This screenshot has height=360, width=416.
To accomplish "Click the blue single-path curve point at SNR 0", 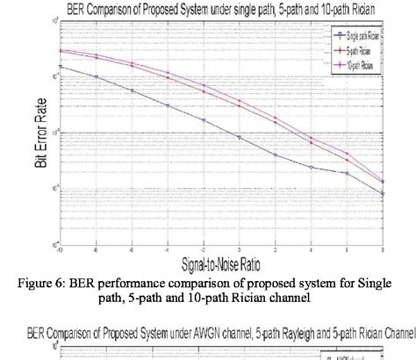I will tap(240, 136).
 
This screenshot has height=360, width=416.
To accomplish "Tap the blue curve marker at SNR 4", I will tap(312, 167).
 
